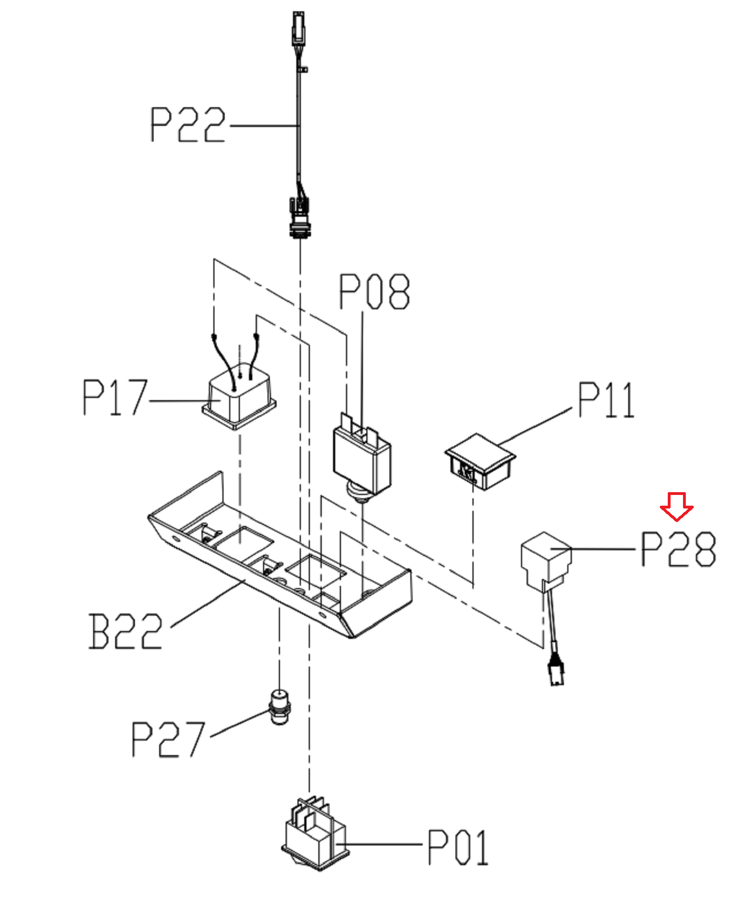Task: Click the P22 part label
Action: (x=187, y=125)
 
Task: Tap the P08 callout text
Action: (x=374, y=291)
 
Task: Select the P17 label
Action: (x=115, y=397)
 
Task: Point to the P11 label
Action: (x=606, y=400)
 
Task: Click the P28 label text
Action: (x=678, y=549)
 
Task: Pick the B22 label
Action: (x=125, y=631)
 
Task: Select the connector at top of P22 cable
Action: (x=299, y=28)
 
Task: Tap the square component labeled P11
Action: (x=480, y=462)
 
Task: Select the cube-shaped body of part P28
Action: (x=546, y=562)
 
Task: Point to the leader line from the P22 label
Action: (x=264, y=126)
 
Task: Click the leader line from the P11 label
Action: (x=535, y=426)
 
